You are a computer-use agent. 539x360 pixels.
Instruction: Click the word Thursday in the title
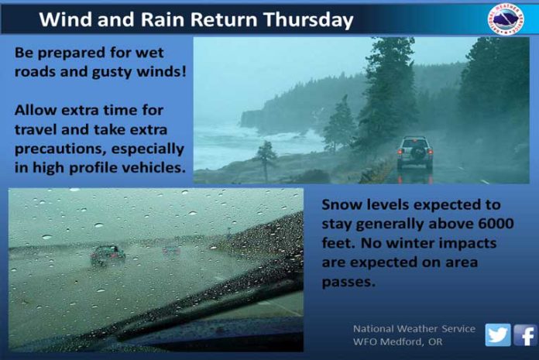pyautogui.click(x=308, y=20)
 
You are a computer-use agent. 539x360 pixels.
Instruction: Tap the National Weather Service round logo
pyautogui.click(x=506, y=19)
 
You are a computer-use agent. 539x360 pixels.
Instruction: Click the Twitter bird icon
pyautogui.click(x=498, y=334)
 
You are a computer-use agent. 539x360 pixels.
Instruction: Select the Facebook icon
pyautogui.click(x=525, y=335)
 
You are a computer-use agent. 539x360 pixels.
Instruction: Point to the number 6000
pyautogui.click(x=496, y=224)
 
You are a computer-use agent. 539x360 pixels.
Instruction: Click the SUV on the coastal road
pyautogui.click(x=415, y=153)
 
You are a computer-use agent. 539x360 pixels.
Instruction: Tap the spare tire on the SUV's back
pyautogui.click(x=417, y=152)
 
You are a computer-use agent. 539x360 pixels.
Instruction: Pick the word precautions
pyautogui.click(x=60, y=149)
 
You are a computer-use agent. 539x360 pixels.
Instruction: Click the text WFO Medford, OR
pyautogui.click(x=397, y=341)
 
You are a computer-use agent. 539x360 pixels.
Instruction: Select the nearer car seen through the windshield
pyautogui.click(x=108, y=255)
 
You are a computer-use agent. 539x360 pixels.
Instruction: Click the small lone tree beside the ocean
pyautogui.click(x=266, y=159)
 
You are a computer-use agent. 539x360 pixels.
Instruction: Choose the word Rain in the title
pyautogui.click(x=164, y=19)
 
